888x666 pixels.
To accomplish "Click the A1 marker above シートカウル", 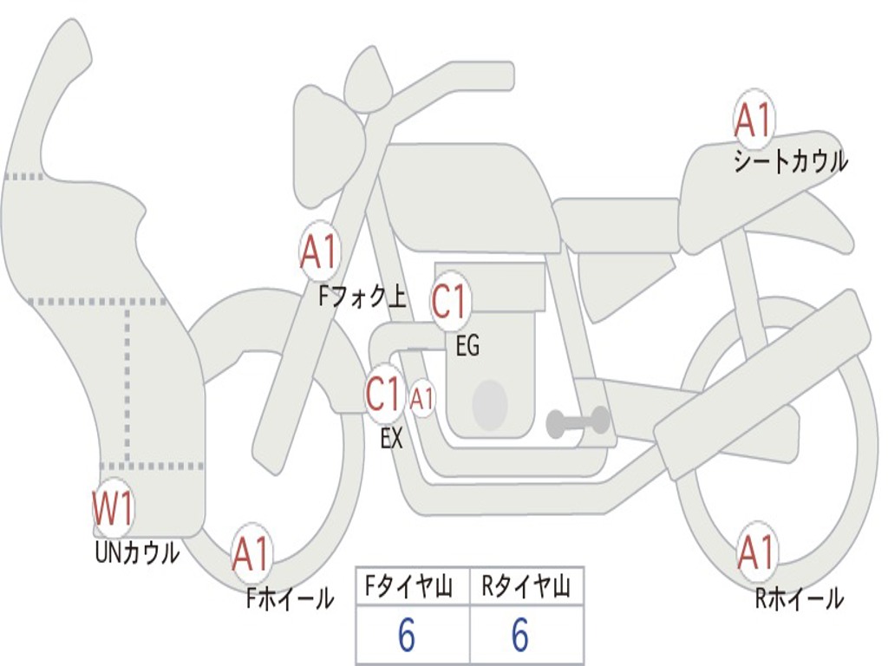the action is point(754,120).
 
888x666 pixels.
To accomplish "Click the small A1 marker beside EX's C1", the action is point(422,399).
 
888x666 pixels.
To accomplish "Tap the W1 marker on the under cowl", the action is point(114,508).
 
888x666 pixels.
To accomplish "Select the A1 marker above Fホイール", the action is point(251,553).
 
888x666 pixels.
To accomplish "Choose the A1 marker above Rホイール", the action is point(756,552).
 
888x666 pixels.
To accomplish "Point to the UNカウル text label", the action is point(138,552).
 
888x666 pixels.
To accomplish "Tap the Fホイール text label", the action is point(291,598).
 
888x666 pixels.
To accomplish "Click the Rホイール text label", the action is point(800,597).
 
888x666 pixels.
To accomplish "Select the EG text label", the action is point(467,345).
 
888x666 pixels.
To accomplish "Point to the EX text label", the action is point(391,438).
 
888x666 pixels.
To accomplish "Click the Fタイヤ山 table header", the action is point(408,587).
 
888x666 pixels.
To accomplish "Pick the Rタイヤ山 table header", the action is point(526,587).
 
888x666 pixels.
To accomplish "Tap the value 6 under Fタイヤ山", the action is point(407,634).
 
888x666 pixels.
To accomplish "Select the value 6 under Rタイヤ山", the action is point(520,634).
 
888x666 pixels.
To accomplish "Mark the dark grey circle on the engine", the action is point(490,405).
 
